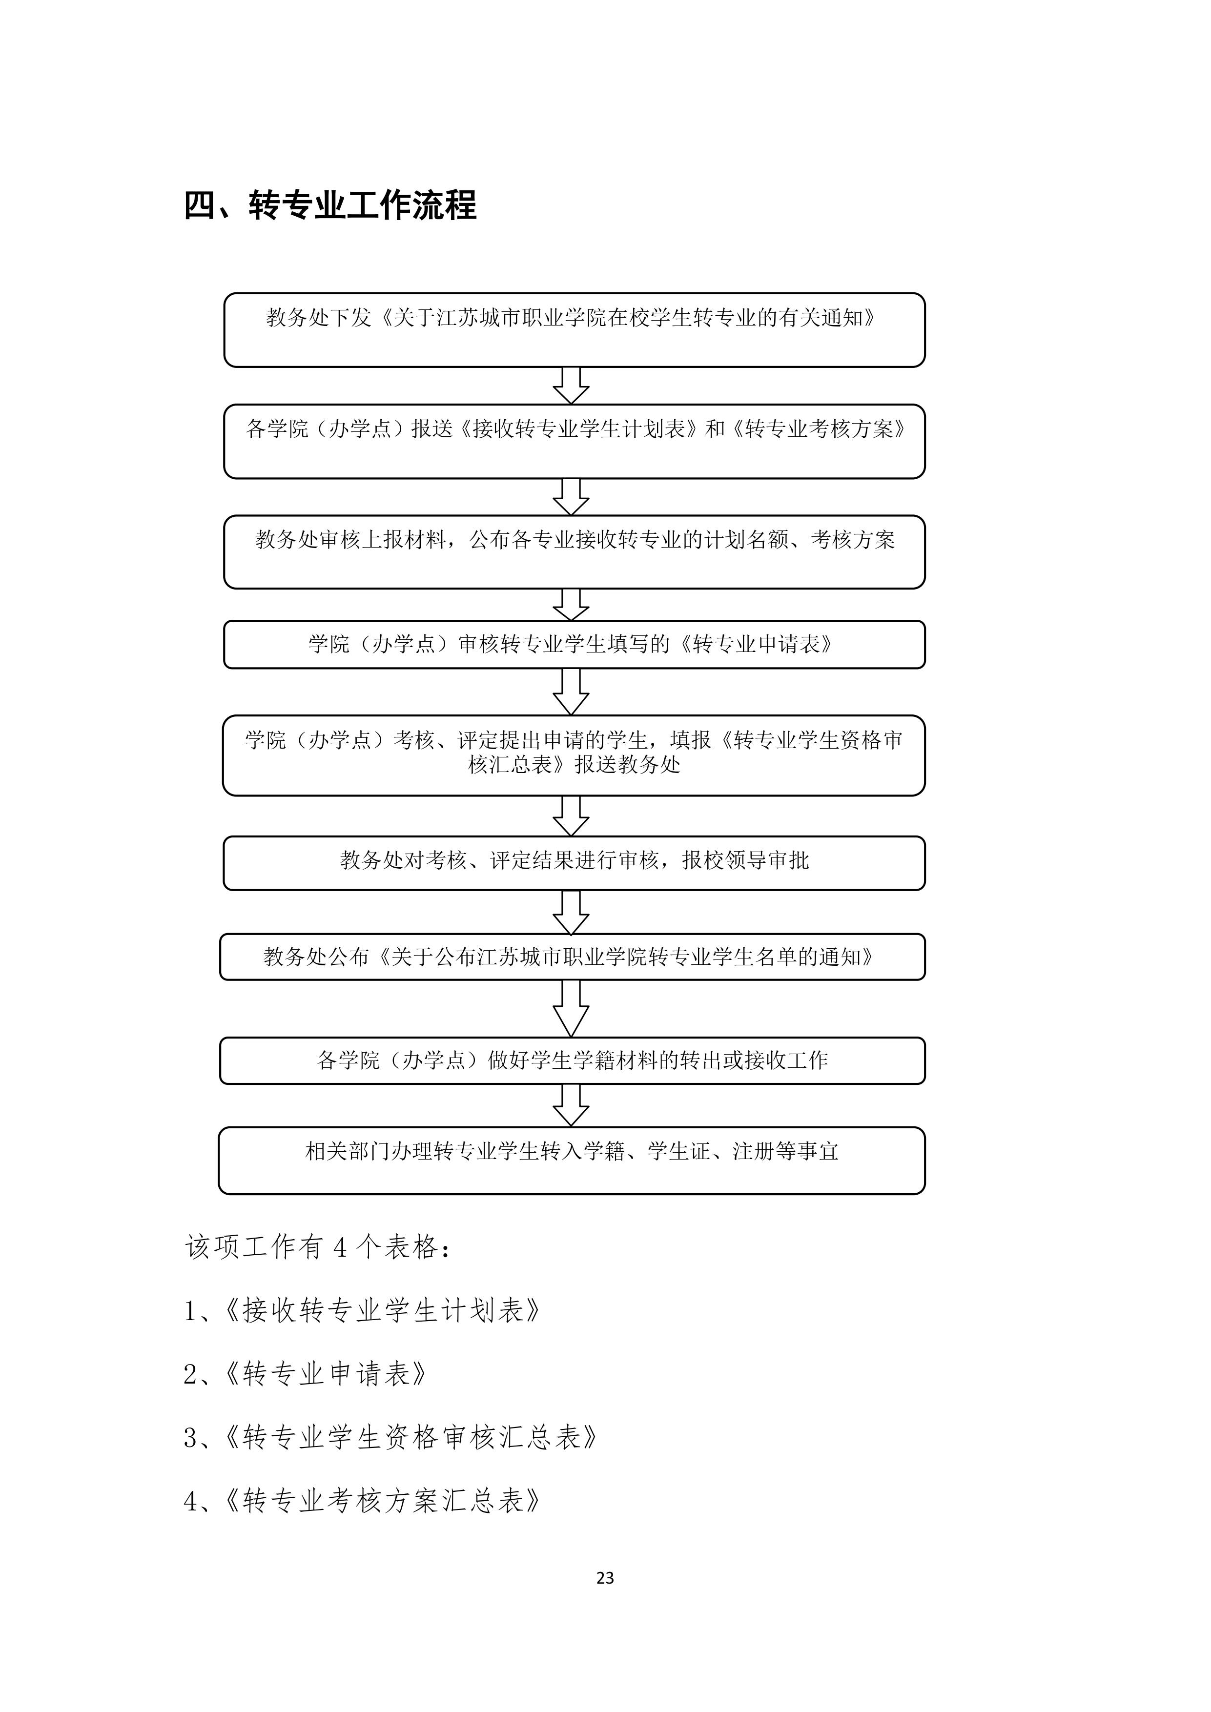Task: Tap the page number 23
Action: point(605,1578)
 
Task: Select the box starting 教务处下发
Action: point(574,329)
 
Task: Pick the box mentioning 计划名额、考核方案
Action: point(574,552)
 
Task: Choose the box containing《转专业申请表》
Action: point(574,644)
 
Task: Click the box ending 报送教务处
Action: point(574,755)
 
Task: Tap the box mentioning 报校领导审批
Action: point(574,863)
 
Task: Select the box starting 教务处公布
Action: point(572,957)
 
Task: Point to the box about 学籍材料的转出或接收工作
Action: point(572,1060)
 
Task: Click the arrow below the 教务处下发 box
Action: point(571,386)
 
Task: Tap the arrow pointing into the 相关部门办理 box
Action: point(571,1105)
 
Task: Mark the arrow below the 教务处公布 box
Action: point(571,1008)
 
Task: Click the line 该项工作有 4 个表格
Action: point(318,1247)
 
